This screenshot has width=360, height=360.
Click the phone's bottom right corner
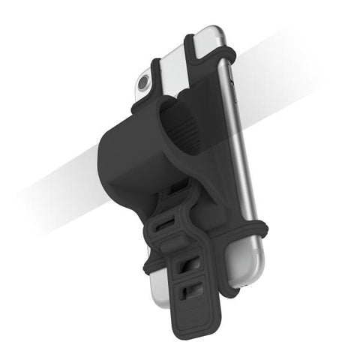(x=238, y=283)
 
